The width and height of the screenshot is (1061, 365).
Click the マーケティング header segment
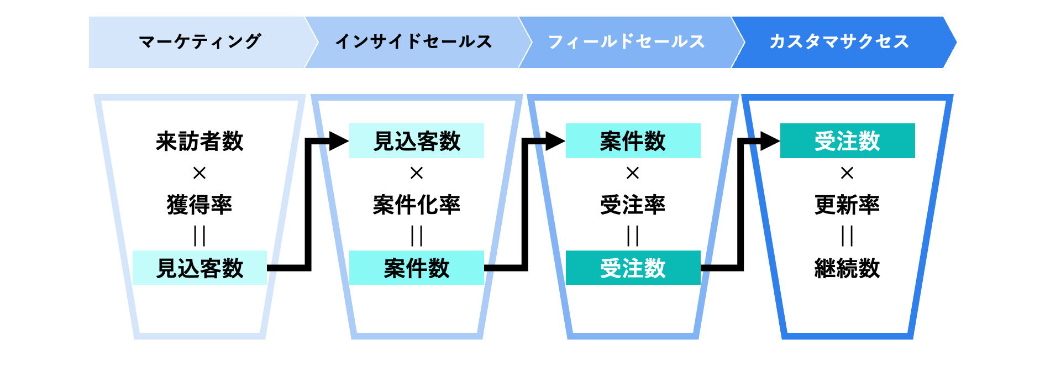coord(199,42)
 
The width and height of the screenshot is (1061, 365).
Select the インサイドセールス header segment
coord(413,42)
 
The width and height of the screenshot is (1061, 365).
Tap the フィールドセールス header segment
coord(626,42)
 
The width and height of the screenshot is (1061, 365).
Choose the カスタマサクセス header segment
coord(839,42)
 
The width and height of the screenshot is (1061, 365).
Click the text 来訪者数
coord(199,142)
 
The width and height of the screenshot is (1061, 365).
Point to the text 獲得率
coord(199,205)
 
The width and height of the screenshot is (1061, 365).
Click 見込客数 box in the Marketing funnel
coord(199,268)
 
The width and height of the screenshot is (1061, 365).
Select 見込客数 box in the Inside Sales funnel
coord(417,141)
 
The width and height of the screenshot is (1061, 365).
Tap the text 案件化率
coord(417,205)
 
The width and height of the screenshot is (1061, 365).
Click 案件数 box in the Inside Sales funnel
coord(417,268)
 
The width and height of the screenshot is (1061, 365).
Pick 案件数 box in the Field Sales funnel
coord(633,141)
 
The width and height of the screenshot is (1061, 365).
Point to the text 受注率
coord(633,205)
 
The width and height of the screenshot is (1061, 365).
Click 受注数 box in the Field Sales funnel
coord(633,268)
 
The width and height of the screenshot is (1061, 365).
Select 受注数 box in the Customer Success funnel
coord(847,141)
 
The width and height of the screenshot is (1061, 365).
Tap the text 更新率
coord(847,205)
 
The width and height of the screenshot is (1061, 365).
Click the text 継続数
coord(847,268)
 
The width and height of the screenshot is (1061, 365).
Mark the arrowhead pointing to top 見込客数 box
coord(338,141)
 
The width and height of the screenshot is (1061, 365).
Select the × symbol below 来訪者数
coord(199,173)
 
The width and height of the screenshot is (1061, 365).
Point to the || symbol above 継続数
coord(847,236)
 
